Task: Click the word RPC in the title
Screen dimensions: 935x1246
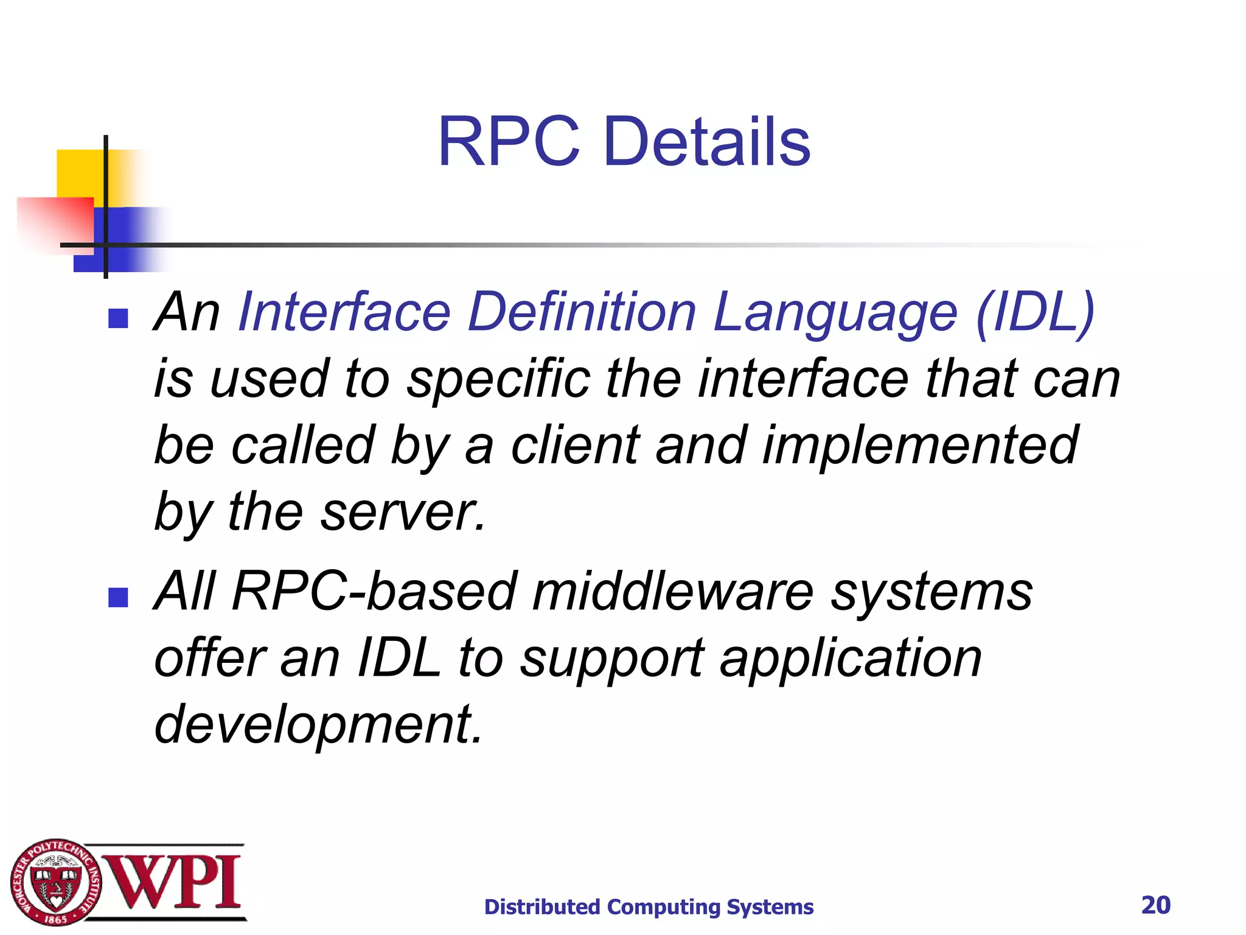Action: [x=509, y=142]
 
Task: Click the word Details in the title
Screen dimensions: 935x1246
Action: [x=707, y=142]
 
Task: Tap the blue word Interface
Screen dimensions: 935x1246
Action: [x=344, y=312]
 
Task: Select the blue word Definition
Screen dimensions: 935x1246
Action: [x=582, y=312]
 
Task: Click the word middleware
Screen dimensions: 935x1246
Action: [x=673, y=592]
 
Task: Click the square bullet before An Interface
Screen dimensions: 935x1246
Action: [x=118, y=318]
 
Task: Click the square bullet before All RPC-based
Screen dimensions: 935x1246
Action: [x=118, y=597]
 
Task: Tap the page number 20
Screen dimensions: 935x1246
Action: [x=1155, y=905]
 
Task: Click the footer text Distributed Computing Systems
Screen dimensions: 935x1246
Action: [x=649, y=907]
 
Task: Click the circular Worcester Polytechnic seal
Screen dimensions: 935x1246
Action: [x=56, y=882]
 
